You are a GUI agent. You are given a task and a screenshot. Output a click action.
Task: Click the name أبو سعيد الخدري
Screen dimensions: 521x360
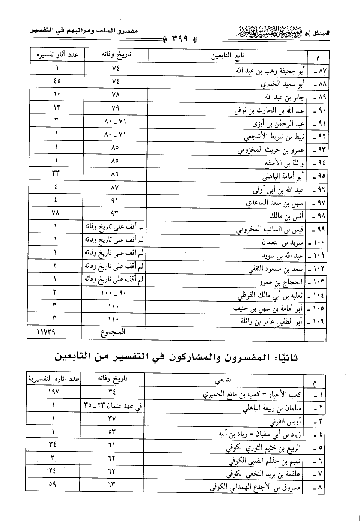coord(283,84)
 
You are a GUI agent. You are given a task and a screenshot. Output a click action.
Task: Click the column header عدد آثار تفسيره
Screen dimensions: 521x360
coord(57,54)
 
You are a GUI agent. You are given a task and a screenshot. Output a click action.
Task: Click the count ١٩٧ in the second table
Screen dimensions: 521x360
coord(54,392)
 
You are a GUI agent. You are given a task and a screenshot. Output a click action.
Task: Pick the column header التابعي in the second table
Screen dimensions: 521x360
coord(224,380)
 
